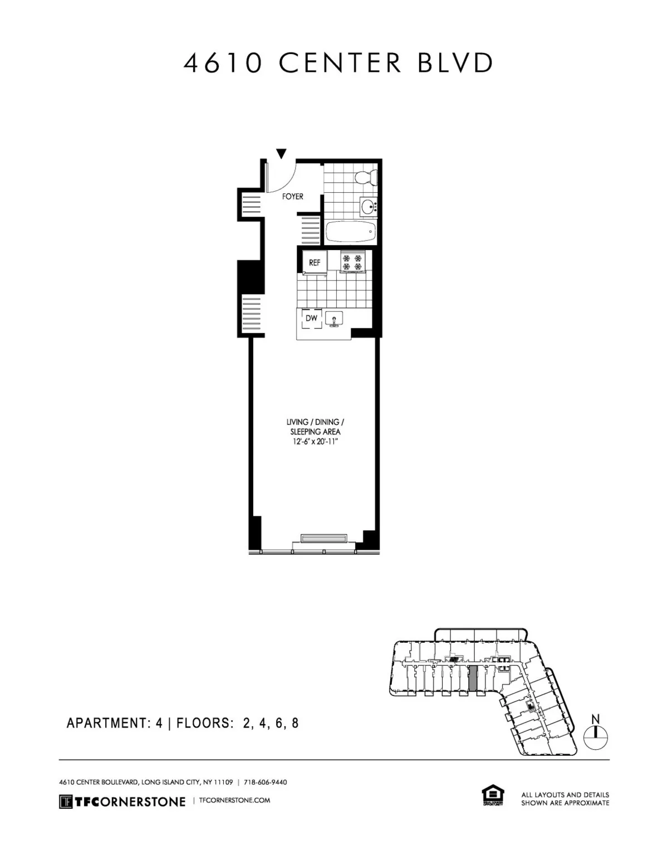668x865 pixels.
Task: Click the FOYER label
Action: click(292, 197)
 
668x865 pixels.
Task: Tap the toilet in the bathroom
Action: click(367, 177)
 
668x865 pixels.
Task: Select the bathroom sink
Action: click(368, 207)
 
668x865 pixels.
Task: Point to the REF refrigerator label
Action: click(315, 262)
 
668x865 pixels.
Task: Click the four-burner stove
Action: click(352, 262)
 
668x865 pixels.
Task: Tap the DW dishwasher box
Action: click(311, 319)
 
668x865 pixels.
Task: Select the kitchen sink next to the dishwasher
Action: click(335, 319)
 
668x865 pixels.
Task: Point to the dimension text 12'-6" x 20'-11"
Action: click(315, 442)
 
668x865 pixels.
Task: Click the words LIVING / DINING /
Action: click(316, 422)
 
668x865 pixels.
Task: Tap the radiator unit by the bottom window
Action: click(324, 538)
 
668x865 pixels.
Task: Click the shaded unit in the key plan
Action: click(473, 679)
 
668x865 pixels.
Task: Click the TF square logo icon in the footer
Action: click(66, 802)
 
